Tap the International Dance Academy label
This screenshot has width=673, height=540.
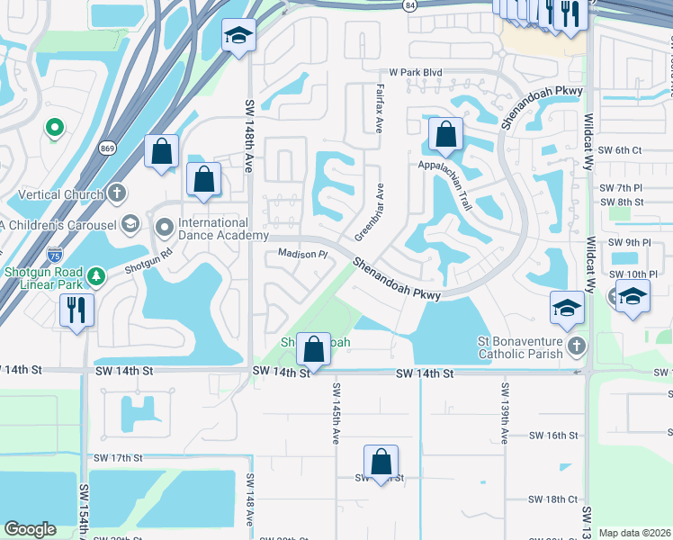click(212, 229)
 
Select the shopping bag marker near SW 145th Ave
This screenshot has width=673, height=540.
click(314, 347)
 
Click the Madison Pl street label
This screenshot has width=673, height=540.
click(301, 255)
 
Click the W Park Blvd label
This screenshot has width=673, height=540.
click(415, 73)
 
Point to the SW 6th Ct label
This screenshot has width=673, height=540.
click(619, 150)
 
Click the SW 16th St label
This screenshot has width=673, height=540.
click(554, 436)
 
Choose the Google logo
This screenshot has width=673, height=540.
click(30, 529)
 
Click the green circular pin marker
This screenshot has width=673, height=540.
click(54, 130)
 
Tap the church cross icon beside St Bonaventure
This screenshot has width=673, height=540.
click(577, 345)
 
